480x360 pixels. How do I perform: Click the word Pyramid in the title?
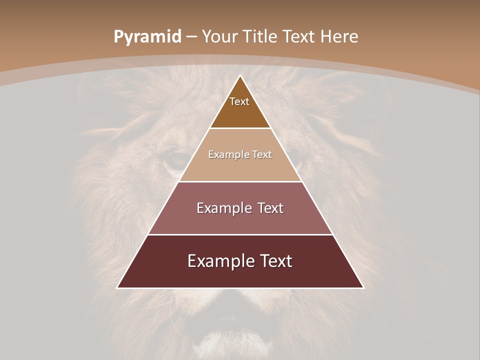pos(147,37)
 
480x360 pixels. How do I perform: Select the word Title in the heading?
pos(260,36)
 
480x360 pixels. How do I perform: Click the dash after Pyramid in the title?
pos(191,37)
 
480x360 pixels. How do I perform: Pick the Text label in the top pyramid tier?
pos(239,101)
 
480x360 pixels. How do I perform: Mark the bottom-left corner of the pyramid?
pos(117,287)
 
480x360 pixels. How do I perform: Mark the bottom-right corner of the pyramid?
pos(363,287)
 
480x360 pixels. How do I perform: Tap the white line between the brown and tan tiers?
pos(240,128)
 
